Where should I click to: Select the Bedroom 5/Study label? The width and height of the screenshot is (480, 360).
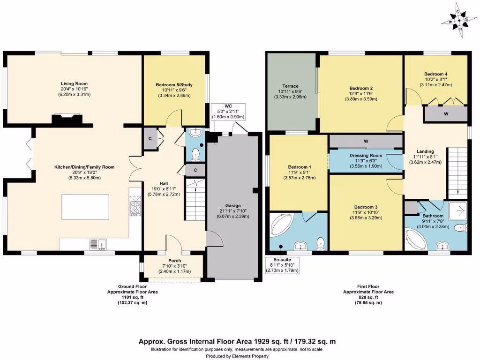174,85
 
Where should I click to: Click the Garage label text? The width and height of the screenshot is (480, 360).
232,205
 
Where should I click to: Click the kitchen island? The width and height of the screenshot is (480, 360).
85,209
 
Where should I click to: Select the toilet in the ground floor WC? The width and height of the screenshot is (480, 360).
196,153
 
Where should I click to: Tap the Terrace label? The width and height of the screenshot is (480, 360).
290,87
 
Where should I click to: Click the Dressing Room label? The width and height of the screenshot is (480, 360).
366,156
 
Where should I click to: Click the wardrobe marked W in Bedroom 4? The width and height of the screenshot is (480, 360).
445,114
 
